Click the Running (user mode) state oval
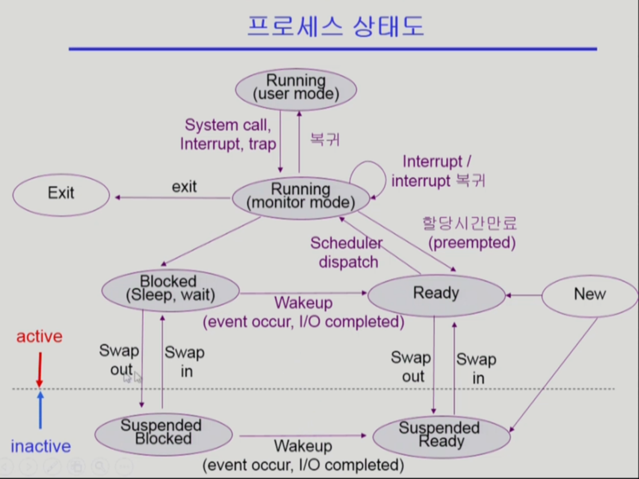[x=296, y=89]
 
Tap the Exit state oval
[x=61, y=193]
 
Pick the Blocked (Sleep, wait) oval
[x=170, y=290]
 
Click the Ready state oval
[x=436, y=294]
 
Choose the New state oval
[x=590, y=295]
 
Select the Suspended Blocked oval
[x=163, y=433]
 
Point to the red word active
[x=39, y=336]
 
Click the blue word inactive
[x=41, y=446]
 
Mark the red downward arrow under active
[x=39, y=370]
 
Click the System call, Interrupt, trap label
[x=227, y=134]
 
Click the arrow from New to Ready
[x=524, y=295]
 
